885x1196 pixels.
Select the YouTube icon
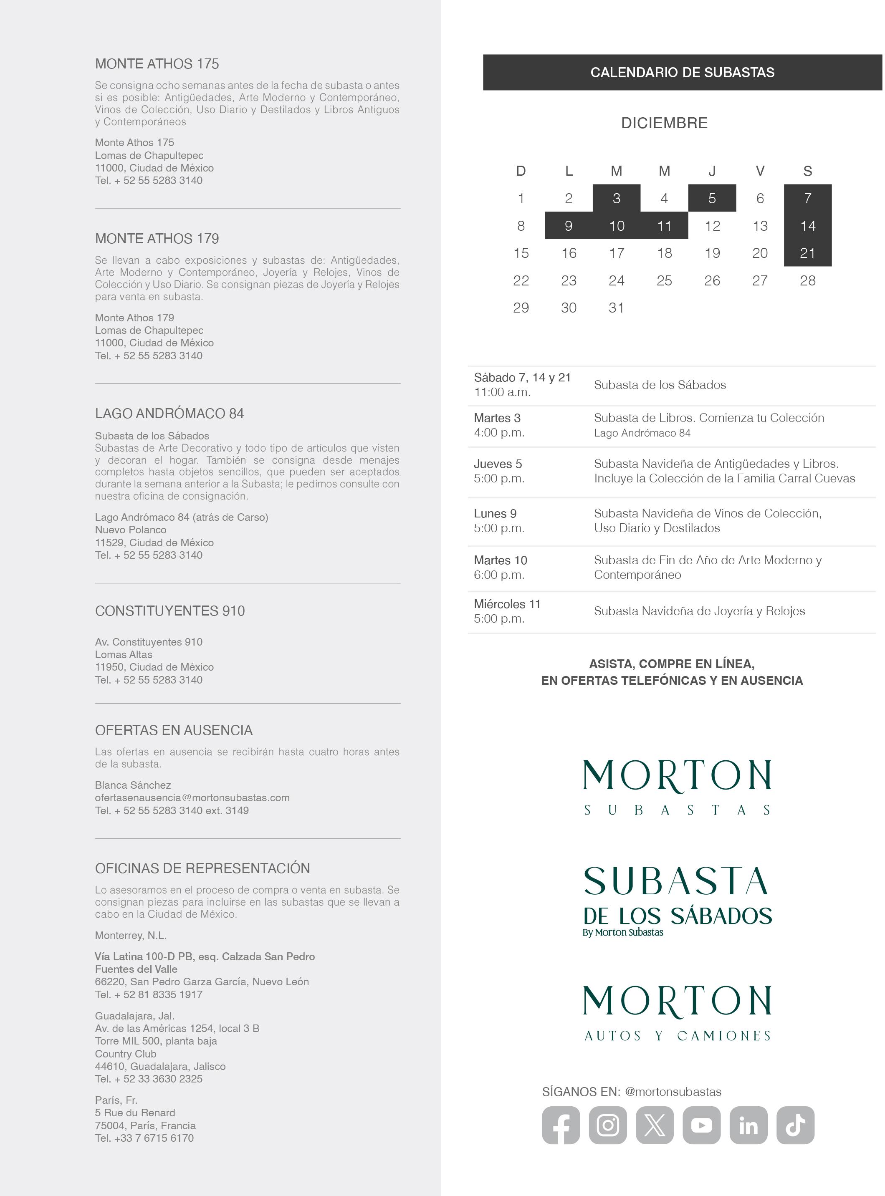coord(701,1125)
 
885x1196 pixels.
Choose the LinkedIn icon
coord(748,1125)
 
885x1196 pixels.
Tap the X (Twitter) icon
coord(654,1125)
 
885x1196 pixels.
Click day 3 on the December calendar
coord(616,199)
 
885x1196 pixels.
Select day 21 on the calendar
coord(807,253)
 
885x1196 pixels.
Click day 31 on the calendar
coord(616,308)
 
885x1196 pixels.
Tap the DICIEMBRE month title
coord(664,123)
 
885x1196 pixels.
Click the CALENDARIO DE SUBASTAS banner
coord(682,72)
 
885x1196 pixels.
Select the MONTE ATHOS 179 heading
coord(157,239)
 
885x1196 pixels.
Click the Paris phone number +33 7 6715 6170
coord(144,1138)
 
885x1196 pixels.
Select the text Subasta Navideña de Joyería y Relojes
coord(699,611)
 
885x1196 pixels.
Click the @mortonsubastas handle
coord(673,1092)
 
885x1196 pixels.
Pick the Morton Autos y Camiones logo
coord(677,1013)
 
